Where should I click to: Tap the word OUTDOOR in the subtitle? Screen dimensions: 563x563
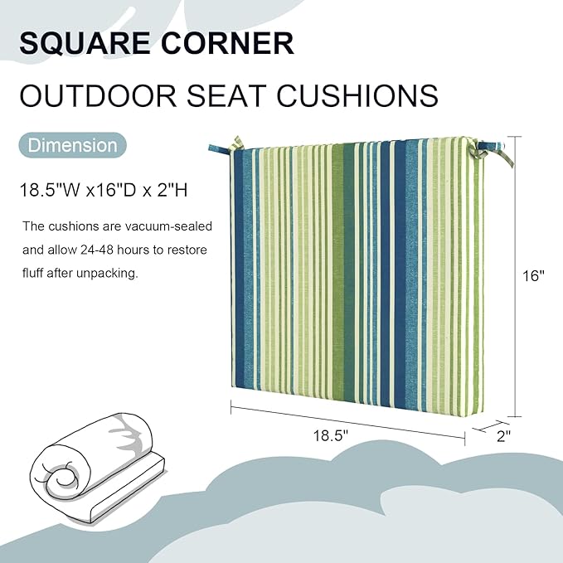point(99,96)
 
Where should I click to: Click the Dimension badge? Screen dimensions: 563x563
point(73,146)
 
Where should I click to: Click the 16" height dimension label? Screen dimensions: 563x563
point(534,276)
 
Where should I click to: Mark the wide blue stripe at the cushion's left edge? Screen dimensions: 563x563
point(242,265)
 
